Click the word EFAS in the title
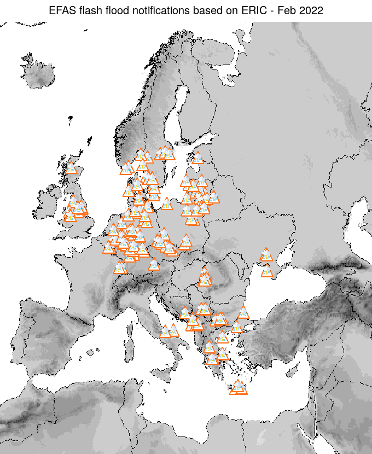coord(61,10)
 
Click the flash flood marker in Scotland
coord(71,168)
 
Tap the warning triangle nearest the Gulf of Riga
coord(197,158)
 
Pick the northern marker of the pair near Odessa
coord(266,254)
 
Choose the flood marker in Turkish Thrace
coord(243,313)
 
